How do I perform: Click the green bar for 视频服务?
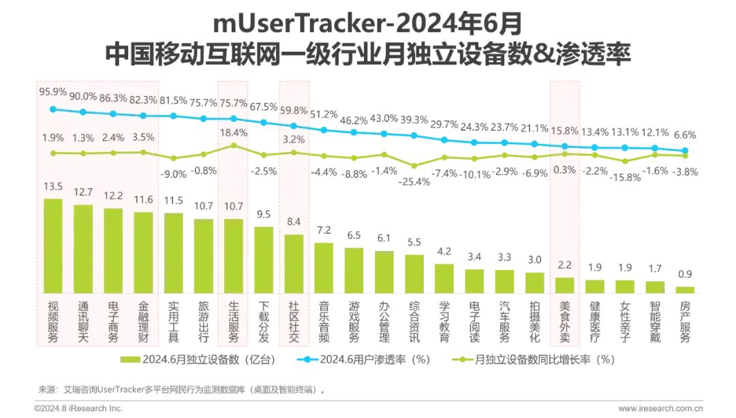(52, 245)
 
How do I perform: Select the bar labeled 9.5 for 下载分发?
(264, 260)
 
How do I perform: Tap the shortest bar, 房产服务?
(685, 290)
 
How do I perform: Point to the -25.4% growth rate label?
(414, 181)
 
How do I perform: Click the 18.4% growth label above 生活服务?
(234, 132)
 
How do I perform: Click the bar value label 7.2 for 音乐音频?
(324, 230)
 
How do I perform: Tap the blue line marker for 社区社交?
(294, 126)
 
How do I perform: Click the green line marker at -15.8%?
(625, 162)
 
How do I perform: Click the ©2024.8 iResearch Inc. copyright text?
(78, 408)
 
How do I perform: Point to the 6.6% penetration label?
(685, 134)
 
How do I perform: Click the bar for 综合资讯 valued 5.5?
(414, 273)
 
